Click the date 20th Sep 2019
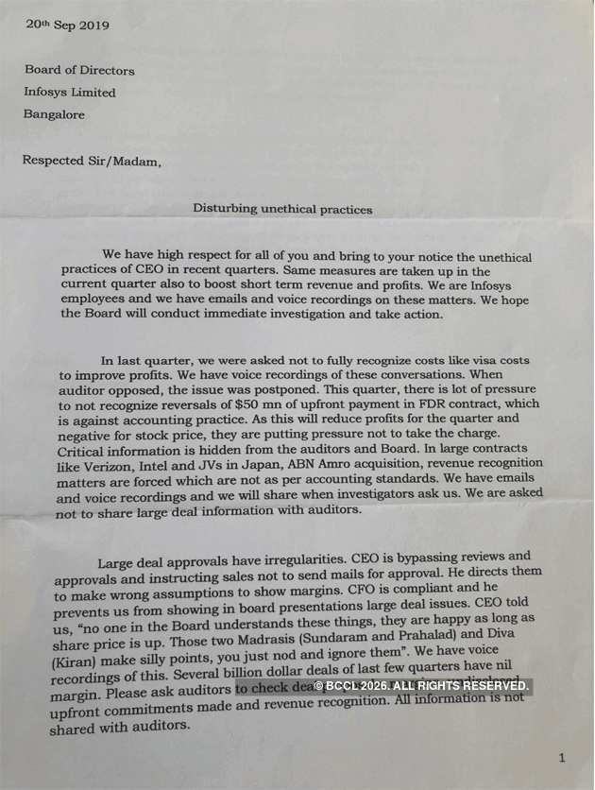tap(67, 26)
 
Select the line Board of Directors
tap(79, 70)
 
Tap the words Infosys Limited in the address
tap(70, 93)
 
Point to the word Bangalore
tap(54, 114)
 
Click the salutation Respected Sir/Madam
tap(92, 161)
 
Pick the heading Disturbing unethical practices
tap(282, 209)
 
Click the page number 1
tap(562, 757)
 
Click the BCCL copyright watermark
tap(421, 685)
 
